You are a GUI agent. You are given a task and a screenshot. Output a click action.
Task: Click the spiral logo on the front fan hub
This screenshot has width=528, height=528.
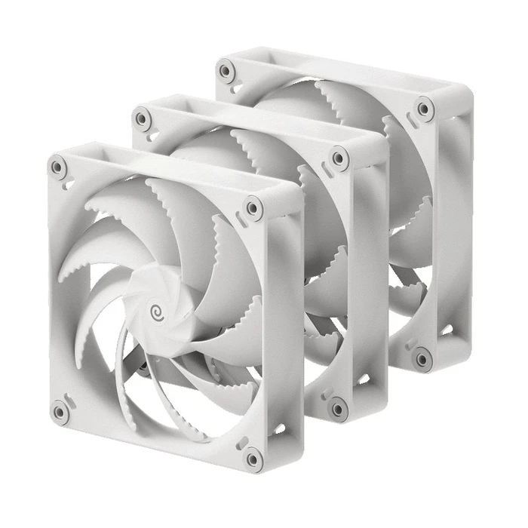click(x=158, y=310)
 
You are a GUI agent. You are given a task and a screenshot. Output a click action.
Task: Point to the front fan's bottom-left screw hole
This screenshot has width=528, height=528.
click(x=60, y=412)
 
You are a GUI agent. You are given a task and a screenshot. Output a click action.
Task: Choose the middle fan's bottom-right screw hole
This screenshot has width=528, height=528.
click(x=338, y=408)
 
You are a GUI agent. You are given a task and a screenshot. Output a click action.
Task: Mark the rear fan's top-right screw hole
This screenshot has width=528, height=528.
click(x=425, y=110)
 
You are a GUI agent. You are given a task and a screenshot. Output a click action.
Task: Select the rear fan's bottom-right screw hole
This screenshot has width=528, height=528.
click(x=423, y=358)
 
